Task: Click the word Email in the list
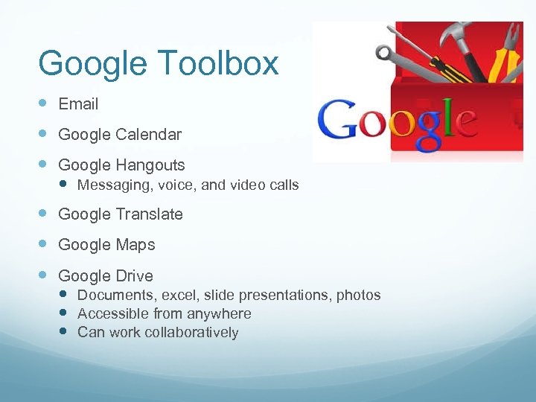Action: pos(78,104)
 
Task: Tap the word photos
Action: pos(358,296)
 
